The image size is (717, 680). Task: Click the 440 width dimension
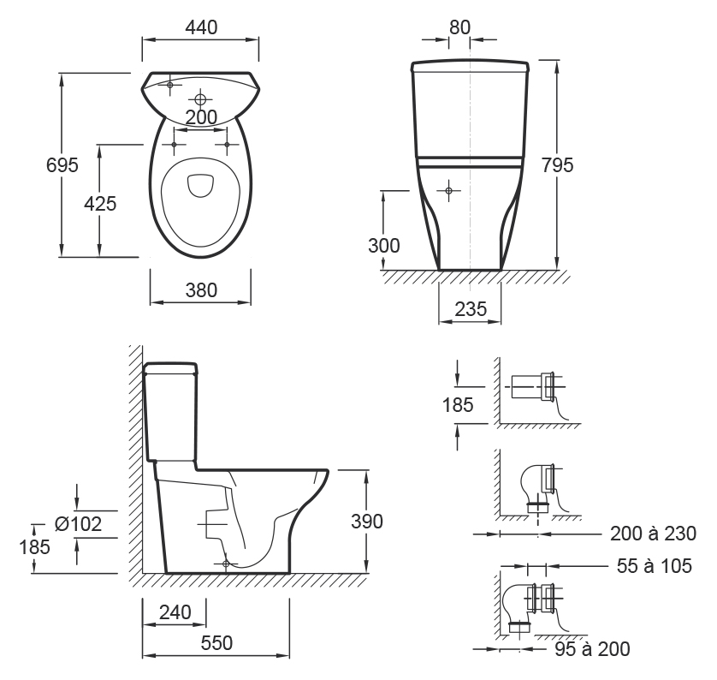pyautogui.click(x=201, y=28)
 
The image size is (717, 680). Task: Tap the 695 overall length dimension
pyautogui.click(x=62, y=165)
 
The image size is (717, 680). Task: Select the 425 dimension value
pyautogui.click(x=100, y=204)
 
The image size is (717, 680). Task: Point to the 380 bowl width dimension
pyautogui.click(x=201, y=290)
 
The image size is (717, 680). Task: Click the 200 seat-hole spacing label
pyautogui.click(x=201, y=117)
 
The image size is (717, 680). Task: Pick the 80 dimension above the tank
pyautogui.click(x=459, y=28)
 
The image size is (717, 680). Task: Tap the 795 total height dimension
pyautogui.click(x=557, y=165)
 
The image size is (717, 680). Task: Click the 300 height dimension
pyautogui.click(x=383, y=246)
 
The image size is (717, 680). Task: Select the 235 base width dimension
pyautogui.click(x=471, y=309)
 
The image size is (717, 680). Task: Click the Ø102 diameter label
pyautogui.click(x=78, y=524)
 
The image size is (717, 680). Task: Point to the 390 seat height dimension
pyautogui.click(x=367, y=522)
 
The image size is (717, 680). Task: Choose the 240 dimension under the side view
pyautogui.click(x=175, y=612)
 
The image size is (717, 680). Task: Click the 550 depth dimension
pyautogui.click(x=216, y=643)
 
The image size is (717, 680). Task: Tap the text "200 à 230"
pyautogui.click(x=653, y=534)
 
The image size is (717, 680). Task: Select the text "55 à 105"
pyautogui.click(x=655, y=566)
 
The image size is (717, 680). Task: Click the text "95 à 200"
pyautogui.click(x=592, y=649)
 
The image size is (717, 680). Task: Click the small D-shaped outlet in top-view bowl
pyautogui.click(x=200, y=185)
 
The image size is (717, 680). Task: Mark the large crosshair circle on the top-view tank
pyautogui.click(x=200, y=99)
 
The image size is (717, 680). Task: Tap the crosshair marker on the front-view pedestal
pyautogui.click(x=448, y=190)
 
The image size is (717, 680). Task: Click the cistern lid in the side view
pyautogui.click(x=170, y=368)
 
